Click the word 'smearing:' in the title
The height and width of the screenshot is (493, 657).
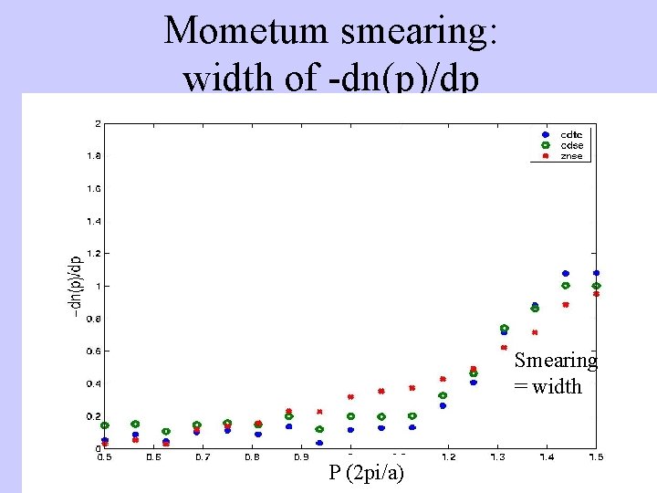pyautogui.click(x=415, y=31)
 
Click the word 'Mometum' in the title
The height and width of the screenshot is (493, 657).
pyautogui.click(x=246, y=31)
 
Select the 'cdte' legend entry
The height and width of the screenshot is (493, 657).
pyautogui.click(x=571, y=135)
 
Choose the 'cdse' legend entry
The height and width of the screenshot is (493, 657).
pyautogui.click(x=571, y=145)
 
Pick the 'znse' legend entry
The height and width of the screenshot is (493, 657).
pyautogui.click(x=571, y=156)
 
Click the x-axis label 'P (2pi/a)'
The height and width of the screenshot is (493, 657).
pyautogui.click(x=366, y=473)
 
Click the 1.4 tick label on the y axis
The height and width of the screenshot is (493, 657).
pyautogui.click(x=93, y=221)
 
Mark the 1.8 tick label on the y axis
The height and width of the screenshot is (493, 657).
pyautogui.click(x=93, y=156)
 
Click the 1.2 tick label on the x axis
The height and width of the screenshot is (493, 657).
pyautogui.click(x=448, y=456)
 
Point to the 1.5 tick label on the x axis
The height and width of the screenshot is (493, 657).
pyautogui.click(x=595, y=456)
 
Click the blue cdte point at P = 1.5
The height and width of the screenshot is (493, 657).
pyautogui.click(x=597, y=273)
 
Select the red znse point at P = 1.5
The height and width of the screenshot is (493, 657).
pyautogui.click(x=597, y=294)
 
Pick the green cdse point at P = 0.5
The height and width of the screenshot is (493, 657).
pyautogui.click(x=105, y=425)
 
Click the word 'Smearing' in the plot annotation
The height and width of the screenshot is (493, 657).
pyautogui.click(x=555, y=361)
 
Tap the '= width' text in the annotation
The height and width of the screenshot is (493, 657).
pyautogui.click(x=547, y=386)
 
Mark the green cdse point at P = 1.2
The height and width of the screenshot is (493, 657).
pyautogui.click(x=443, y=395)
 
